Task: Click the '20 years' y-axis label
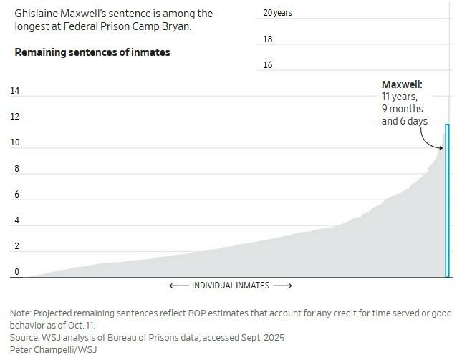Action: click(277, 13)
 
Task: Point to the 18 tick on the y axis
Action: click(267, 39)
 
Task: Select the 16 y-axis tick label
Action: click(267, 65)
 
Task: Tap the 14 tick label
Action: click(14, 91)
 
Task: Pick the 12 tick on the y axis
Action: click(14, 117)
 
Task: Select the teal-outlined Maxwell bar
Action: click(447, 200)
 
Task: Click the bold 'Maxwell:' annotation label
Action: click(401, 84)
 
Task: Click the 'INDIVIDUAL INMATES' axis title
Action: click(230, 286)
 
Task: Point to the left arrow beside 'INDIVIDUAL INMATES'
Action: click(178, 286)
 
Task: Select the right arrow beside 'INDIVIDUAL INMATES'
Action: click(282, 286)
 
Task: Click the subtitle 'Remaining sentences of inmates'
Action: click(92, 53)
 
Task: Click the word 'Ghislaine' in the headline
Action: click(35, 14)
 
